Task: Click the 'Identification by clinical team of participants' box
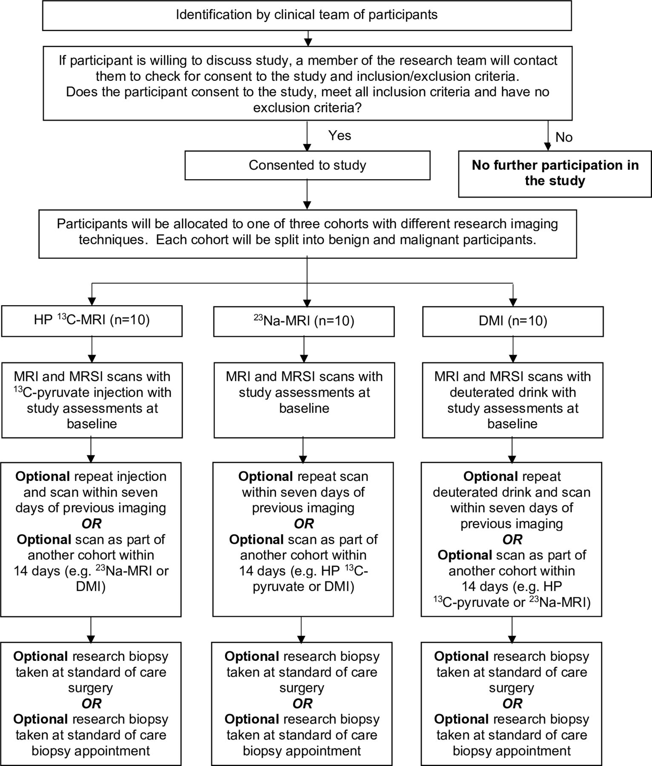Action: tap(307, 15)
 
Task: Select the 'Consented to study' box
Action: tap(307, 165)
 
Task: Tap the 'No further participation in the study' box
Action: tap(555, 174)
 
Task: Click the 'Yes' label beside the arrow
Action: tap(340, 135)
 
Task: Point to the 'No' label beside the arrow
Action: tap(564, 137)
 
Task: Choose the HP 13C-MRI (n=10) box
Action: tap(92, 321)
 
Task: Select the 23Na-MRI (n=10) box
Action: tap(304, 321)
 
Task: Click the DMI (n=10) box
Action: tap(513, 321)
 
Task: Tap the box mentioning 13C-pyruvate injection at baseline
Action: tap(92, 400)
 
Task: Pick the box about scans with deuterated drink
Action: tap(513, 400)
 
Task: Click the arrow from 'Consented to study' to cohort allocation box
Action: tap(307, 194)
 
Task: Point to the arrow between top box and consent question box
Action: tap(307, 38)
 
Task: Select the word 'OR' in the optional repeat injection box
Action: tap(92, 523)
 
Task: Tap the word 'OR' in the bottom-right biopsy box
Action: tap(512, 703)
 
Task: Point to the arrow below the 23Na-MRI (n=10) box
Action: tap(304, 349)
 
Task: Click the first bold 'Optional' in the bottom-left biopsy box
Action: tap(40, 657)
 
